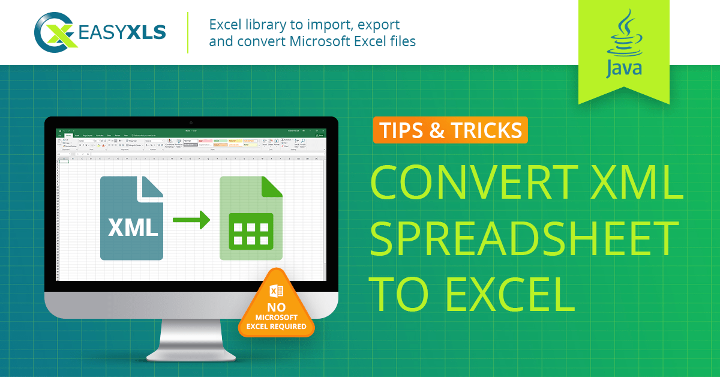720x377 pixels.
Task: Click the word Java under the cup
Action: pyautogui.click(x=623, y=68)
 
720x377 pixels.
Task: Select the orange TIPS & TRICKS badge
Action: pyautogui.click(x=450, y=130)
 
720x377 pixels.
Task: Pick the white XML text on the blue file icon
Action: pyautogui.click(x=133, y=227)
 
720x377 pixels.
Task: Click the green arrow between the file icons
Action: pyautogui.click(x=191, y=220)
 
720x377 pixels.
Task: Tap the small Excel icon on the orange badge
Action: pyautogui.click(x=277, y=292)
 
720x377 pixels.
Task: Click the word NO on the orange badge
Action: pyautogui.click(x=276, y=307)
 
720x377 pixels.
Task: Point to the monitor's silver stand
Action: pyautogui.click(x=191, y=339)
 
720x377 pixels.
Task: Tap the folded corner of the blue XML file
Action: pyautogui.click(x=151, y=187)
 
